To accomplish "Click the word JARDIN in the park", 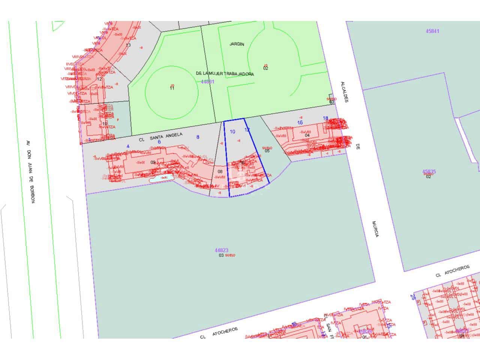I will (237, 44).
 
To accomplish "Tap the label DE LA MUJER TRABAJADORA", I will (225, 74).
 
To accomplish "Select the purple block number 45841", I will (432, 31).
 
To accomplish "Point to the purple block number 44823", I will (222, 250).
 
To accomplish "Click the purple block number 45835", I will (429, 172).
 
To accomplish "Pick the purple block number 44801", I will (207, 81).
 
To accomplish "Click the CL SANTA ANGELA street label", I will (160, 136).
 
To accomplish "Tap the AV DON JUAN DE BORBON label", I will (30, 171).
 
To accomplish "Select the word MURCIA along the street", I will (376, 228).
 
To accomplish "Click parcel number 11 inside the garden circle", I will (172, 88).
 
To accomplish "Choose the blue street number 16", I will (300, 123).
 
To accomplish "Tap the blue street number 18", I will (325, 118).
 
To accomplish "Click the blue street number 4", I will (128, 146).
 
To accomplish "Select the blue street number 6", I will (159, 142).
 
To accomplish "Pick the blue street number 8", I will (198, 137).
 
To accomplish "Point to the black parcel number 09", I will (153, 162).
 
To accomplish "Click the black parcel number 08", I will (220, 172).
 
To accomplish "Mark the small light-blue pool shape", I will (161, 178).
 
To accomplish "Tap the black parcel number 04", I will (307, 135).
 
